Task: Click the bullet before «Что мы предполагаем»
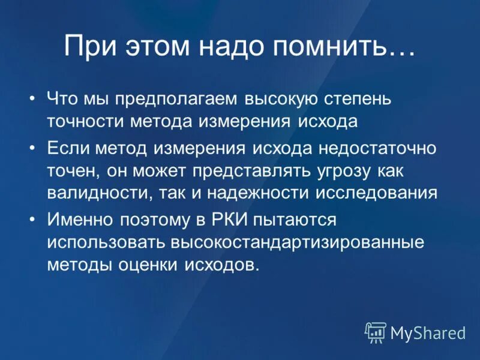[x=32, y=98]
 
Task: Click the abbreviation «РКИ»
[x=228, y=220]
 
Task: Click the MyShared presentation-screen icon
[x=376, y=332]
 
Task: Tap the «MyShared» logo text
[x=428, y=332]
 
